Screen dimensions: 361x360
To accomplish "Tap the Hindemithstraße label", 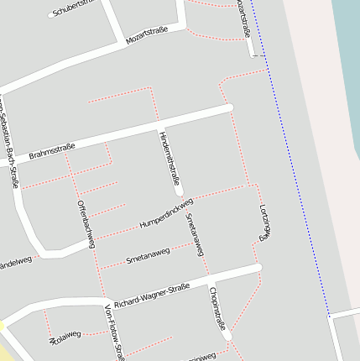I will coord(169,157).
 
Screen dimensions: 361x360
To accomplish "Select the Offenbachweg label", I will coord(86,224).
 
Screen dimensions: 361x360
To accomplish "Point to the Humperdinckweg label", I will coord(166,213).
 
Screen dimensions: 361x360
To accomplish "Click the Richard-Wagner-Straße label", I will coord(152,296).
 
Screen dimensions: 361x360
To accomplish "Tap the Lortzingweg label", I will coord(263,222).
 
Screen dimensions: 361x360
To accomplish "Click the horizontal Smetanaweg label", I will coord(148,255).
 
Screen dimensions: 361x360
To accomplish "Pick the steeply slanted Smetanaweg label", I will coord(195,234).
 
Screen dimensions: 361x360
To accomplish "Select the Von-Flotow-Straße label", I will coord(113,333).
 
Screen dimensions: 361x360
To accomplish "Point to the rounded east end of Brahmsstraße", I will coord(227,107).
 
